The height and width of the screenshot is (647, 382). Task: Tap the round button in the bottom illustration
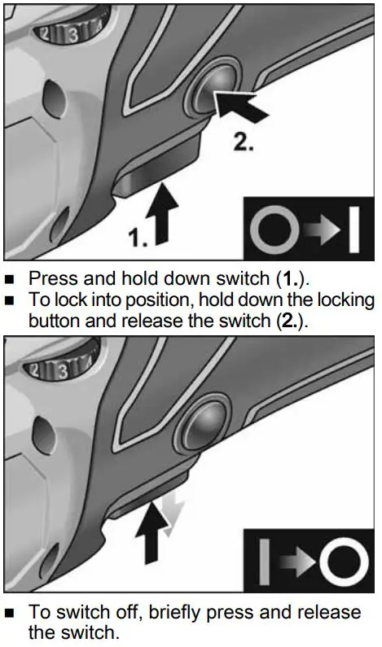tap(201, 431)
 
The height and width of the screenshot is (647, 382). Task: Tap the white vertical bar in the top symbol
tap(353, 230)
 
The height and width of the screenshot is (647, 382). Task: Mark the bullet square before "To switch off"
tap(11, 612)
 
